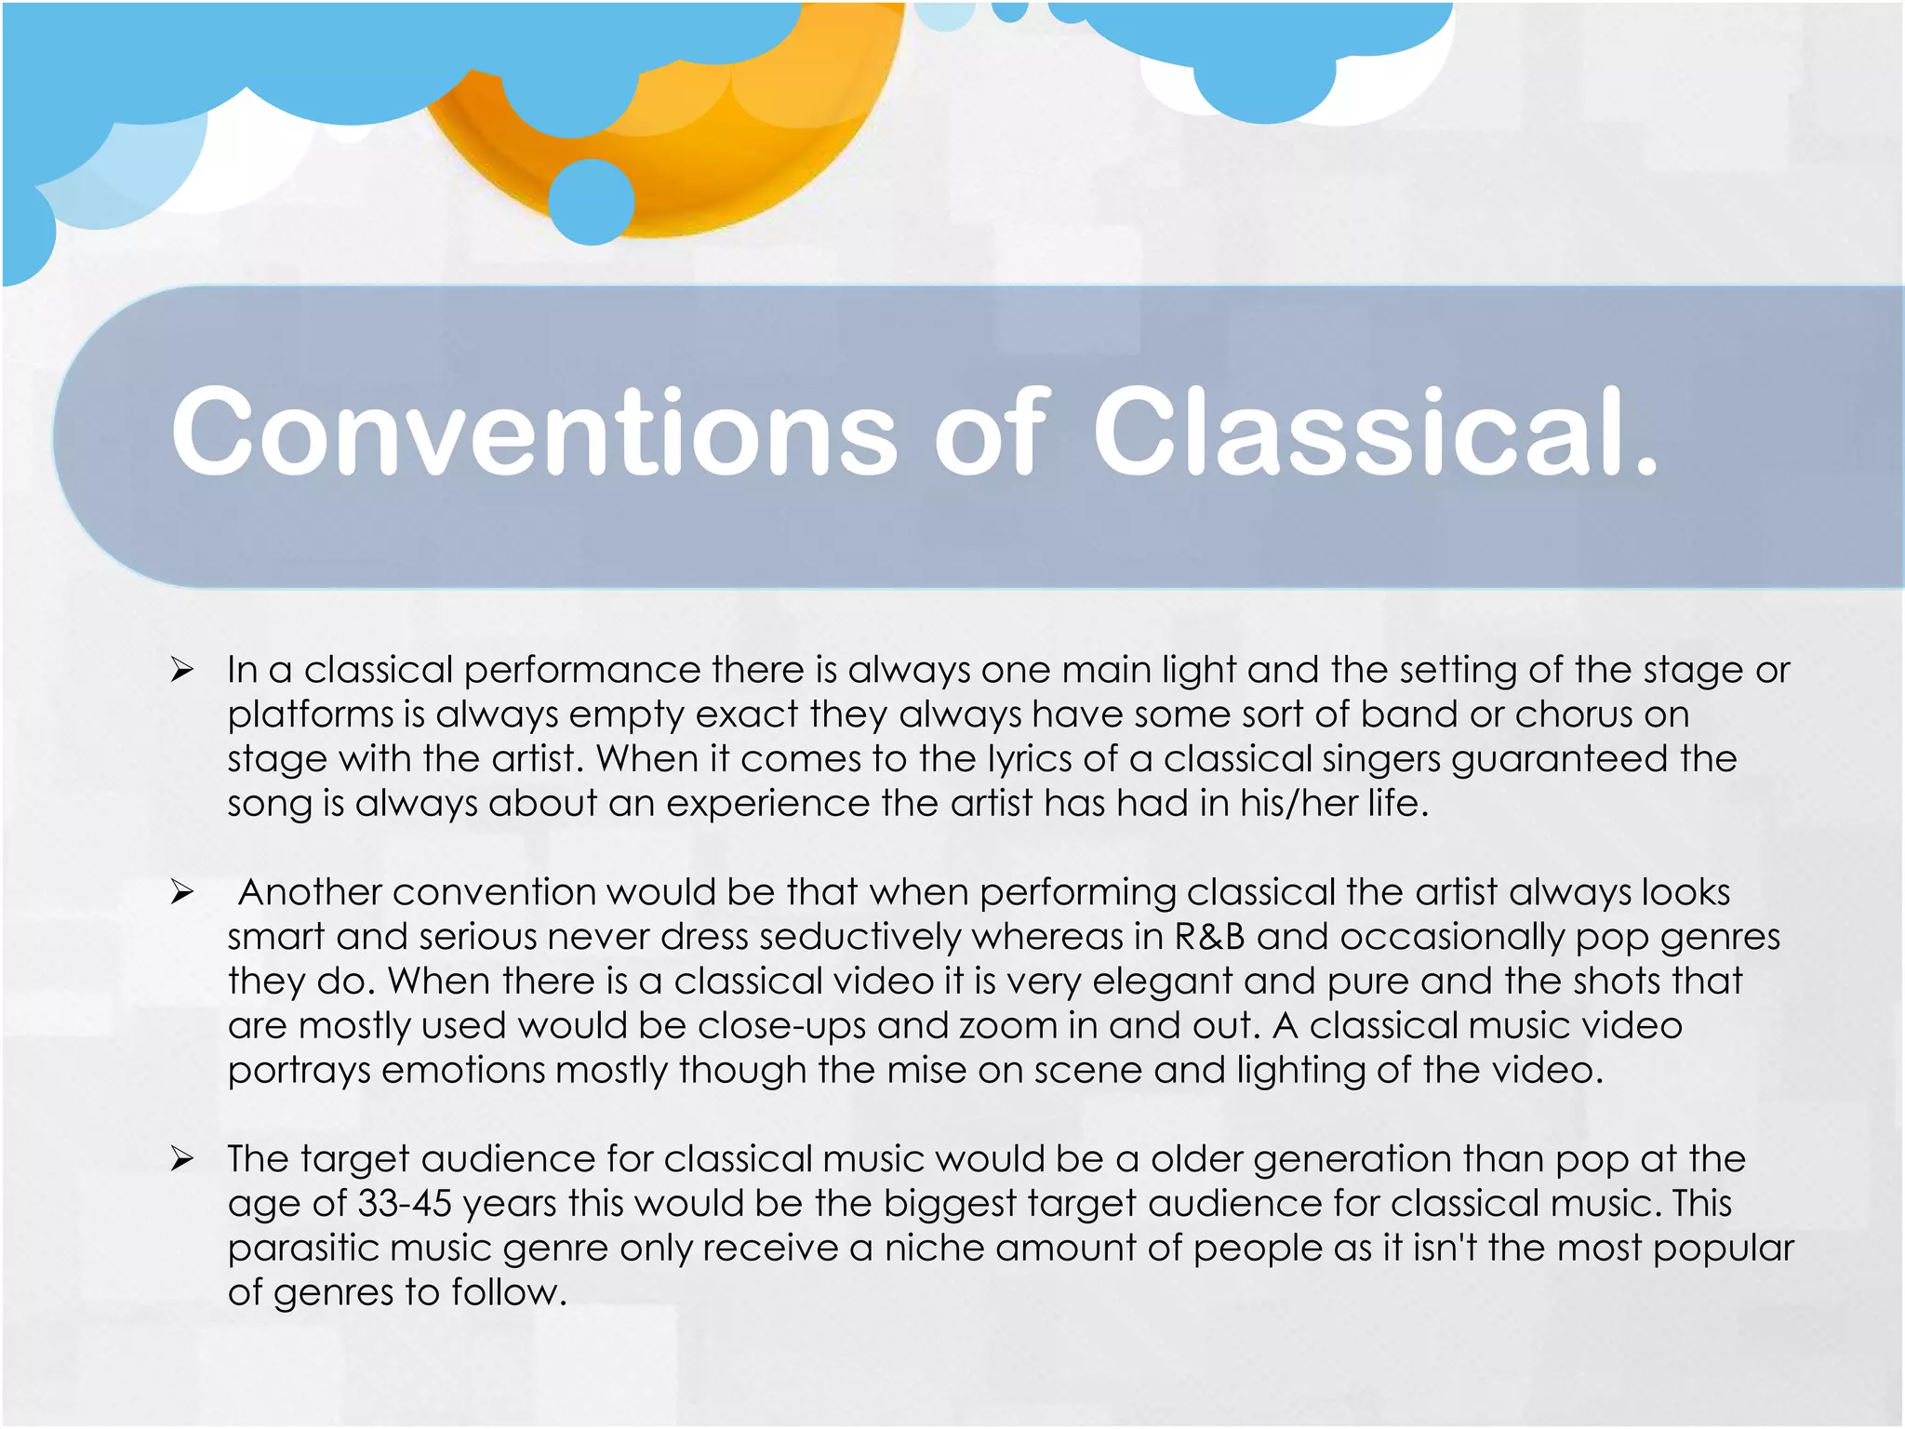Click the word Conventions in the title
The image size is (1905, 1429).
click(534, 433)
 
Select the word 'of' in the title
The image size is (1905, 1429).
click(992, 433)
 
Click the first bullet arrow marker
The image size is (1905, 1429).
click(181, 670)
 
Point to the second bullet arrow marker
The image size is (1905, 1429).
click(181, 892)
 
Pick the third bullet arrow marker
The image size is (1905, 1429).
click(181, 1159)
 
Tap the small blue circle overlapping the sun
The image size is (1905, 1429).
click(592, 202)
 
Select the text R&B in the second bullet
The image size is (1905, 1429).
click(1209, 937)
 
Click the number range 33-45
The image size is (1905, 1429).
click(405, 1204)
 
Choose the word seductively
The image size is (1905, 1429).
click(879, 937)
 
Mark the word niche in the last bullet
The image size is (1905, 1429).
click(934, 1249)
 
